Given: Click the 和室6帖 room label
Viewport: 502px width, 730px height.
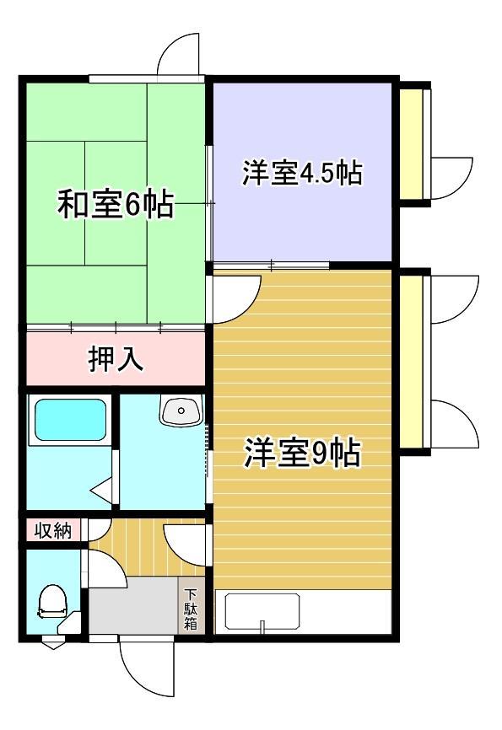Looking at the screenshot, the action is [115, 203].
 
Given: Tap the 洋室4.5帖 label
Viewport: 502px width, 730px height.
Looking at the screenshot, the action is [302, 173].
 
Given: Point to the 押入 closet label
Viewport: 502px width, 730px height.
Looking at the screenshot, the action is [116, 359].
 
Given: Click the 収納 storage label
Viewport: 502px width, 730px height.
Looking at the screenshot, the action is [54, 530].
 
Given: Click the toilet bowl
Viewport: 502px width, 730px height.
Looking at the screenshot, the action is [53, 602].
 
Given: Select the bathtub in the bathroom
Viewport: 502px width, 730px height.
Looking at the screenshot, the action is [70, 420].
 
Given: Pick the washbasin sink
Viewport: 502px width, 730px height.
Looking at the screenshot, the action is [181, 411].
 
